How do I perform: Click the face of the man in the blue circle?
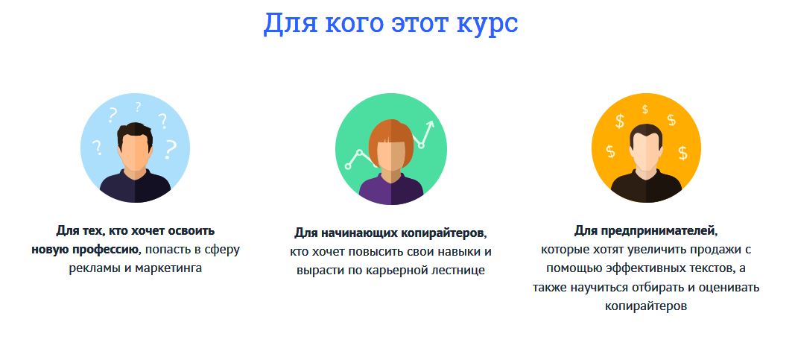135,153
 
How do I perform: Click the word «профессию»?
107,249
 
